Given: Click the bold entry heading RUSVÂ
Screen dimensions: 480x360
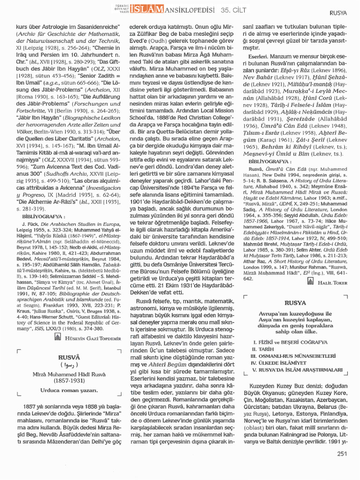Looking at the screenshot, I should pyautogui.click(x=69, y=357).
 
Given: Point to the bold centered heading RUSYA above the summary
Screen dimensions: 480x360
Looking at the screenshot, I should pyautogui.click(x=295, y=303).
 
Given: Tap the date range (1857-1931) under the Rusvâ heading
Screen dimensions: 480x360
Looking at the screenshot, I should pyautogui.click(x=69, y=381).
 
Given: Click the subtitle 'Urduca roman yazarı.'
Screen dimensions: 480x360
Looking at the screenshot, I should pyautogui.click(x=69, y=390).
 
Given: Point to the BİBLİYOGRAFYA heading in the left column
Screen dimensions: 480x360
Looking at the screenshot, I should pyautogui.click(x=42, y=217).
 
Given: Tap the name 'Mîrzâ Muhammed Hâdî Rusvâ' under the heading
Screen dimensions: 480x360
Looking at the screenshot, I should pyautogui.click(x=69, y=374).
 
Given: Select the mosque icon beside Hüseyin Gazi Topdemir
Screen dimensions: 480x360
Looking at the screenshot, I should pyautogui.click(x=58, y=337).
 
